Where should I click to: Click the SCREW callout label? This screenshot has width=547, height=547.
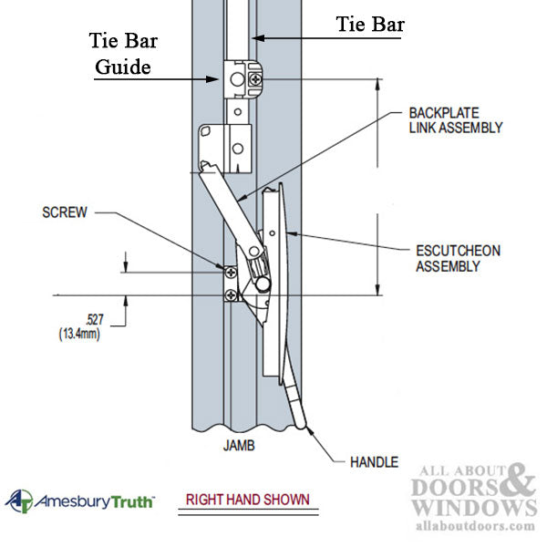pyautogui.click(x=64, y=212)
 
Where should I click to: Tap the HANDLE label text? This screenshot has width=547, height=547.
pyautogui.click(x=374, y=462)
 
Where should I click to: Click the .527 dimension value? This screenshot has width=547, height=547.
pyautogui.click(x=93, y=319)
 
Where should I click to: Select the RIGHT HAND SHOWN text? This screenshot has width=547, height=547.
pyautogui.click(x=247, y=500)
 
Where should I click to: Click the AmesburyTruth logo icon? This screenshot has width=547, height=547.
pyautogui.click(x=19, y=501)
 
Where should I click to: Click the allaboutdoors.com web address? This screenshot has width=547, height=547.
pyautogui.click(x=475, y=526)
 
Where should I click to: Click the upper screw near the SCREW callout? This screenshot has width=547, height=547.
pyautogui.click(x=230, y=272)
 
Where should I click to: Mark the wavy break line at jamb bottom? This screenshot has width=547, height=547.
pyautogui.click(x=241, y=427)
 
